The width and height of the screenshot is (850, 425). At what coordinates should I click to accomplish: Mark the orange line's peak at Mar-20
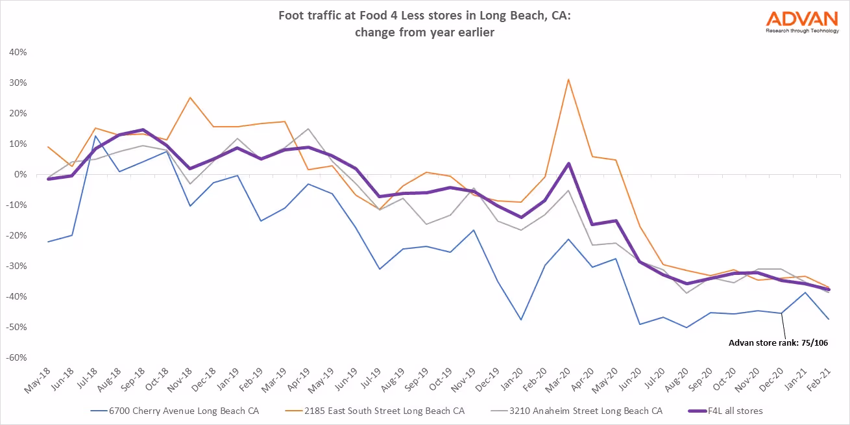click(x=568, y=79)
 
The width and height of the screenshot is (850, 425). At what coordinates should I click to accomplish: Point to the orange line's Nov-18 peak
click(x=189, y=97)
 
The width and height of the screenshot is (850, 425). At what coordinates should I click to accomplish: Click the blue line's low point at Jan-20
click(x=521, y=320)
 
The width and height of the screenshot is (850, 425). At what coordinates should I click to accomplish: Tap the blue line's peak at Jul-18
click(x=95, y=136)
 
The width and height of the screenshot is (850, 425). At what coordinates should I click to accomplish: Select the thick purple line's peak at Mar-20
click(x=568, y=163)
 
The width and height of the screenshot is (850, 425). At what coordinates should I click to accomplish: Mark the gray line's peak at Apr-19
click(x=308, y=129)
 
